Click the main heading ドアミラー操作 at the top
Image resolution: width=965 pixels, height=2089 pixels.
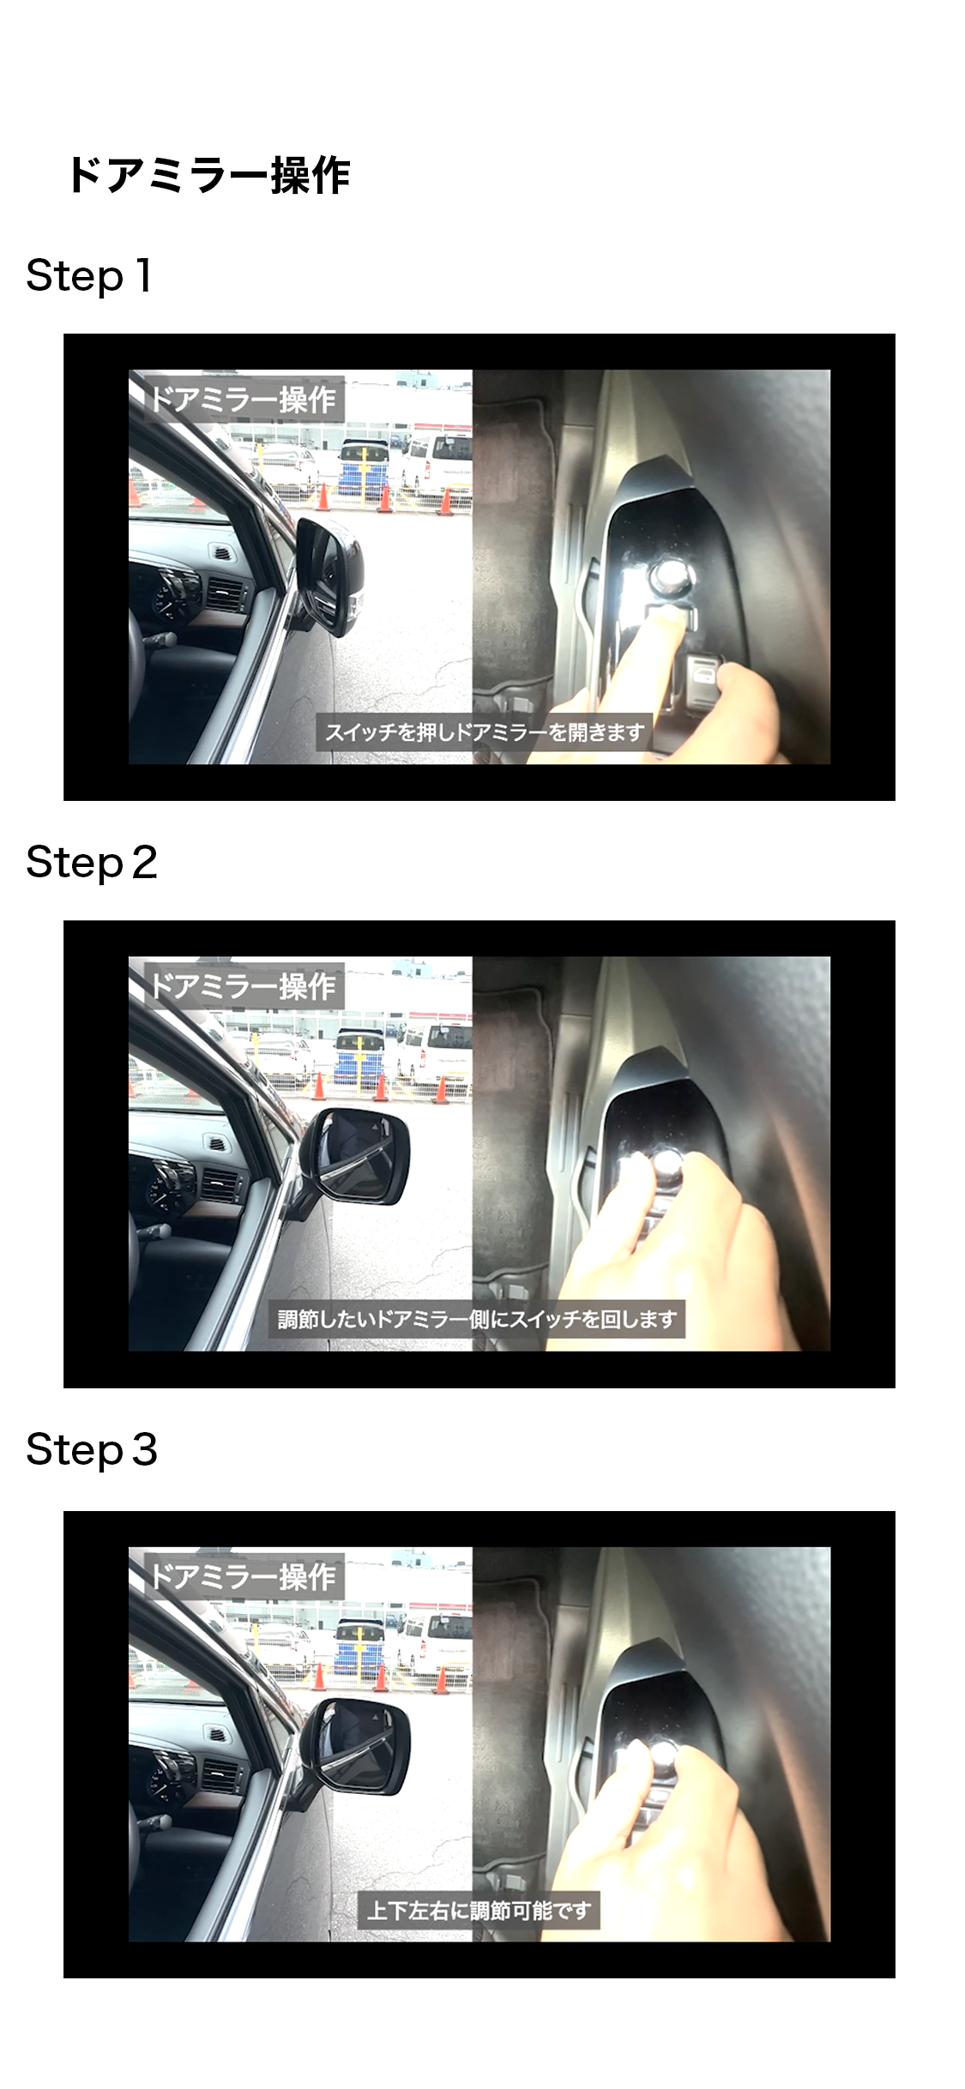pyautogui.click(x=208, y=176)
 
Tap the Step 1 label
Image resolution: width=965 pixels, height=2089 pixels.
pyautogui.click(x=89, y=276)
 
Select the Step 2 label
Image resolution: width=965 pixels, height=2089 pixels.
pyautogui.click(x=92, y=863)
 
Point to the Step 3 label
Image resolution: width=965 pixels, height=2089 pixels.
pyautogui.click(x=92, y=1450)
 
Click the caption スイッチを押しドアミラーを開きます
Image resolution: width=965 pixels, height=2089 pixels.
pyautogui.click(x=485, y=732)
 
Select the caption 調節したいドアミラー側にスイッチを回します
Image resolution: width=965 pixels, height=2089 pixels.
pyautogui.click(x=477, y=1319)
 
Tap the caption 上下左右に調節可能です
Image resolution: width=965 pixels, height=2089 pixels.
pyautogui.click(x=479, y=1910)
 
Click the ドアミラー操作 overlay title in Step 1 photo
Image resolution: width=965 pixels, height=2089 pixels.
pyautogui.click(x=243, y=400)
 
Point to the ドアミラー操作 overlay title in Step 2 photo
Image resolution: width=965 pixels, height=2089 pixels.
pyautogui.click(x=243, y=986)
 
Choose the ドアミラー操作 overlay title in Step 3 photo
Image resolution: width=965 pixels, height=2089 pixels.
pyautogui.click(x=243, y=1577)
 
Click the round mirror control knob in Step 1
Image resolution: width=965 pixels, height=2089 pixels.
pyautogui.click(x=670, y=575)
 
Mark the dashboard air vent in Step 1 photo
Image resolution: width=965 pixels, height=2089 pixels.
pyautogui.click(x=225, y=591)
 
